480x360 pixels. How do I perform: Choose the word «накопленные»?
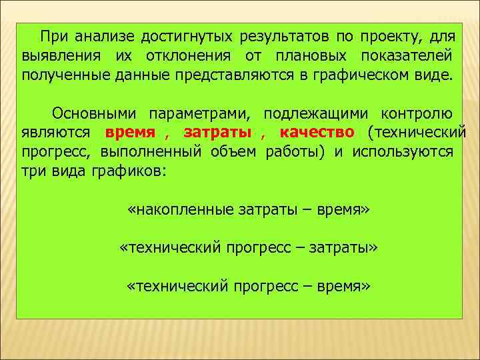click(183, 211)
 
